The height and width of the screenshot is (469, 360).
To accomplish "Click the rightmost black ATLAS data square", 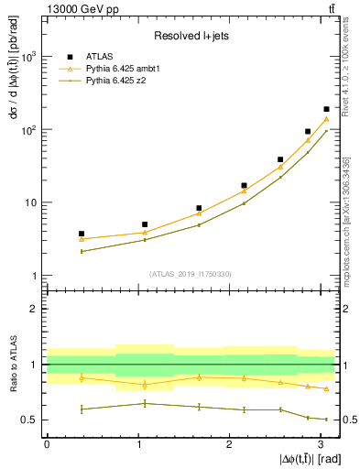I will click(326, 109).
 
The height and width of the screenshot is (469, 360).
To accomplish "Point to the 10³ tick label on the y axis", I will click(27, 57).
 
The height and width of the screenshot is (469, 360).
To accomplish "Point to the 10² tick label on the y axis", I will click(27, 130).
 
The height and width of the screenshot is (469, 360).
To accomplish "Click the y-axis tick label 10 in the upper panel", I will click(30, 202).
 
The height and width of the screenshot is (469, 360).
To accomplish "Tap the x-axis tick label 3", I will click(321, 444).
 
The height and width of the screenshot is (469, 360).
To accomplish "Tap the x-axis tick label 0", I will click(47, 444).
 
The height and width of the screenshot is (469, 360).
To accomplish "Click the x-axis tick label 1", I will click(138, 444).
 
